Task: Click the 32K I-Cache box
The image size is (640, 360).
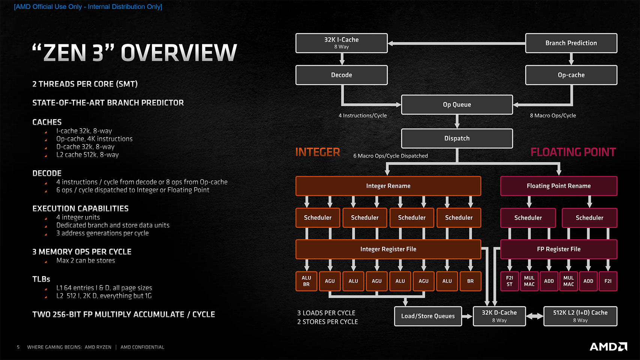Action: pyautogui.click(x=341, y=43)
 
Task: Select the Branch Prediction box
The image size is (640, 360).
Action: pyautogui.click(x=571, y=43)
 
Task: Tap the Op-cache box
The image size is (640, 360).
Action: pyautogui.click(x=571, y=75)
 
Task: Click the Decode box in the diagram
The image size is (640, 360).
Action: pyautogui.click(x=341, y=75)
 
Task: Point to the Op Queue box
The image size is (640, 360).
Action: pyautogui.click(x=457, y=105)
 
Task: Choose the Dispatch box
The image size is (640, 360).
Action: pyautogui.click(x=457, y=138)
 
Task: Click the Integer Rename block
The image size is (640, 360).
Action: pyautogui.click(x=388, y=186)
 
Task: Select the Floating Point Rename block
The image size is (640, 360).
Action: pyautogui.click(x=558, y=186)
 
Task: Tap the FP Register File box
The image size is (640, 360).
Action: pyautogui.click(x=558, y=249)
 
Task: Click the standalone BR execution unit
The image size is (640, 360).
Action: pyautogui.click(x=470, y=281)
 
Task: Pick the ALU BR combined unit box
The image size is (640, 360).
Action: pyautogui.click(x=306, y=281)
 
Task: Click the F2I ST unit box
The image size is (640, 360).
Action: pyautogui.click(x=509, y=281)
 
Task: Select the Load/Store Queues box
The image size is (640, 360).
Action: pyautogui.click(x=428, y=316)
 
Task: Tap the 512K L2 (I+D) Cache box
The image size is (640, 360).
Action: pyautogui.click(x=580, y=316)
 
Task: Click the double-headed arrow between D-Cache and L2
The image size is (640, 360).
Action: pyautogui.click(x=535, y=316)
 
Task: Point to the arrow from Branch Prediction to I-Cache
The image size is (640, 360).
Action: pyautogui.click(x=456, y=43)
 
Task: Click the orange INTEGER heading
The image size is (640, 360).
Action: pyautogui.click(x=318, y=152)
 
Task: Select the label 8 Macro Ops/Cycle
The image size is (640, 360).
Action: pyautogui.click(x=553, y=115)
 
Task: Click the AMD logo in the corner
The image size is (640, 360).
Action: pyautogui.click(x=608, y=346)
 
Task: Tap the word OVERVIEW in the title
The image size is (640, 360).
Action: pyautogui.click(x=179, y=53)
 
